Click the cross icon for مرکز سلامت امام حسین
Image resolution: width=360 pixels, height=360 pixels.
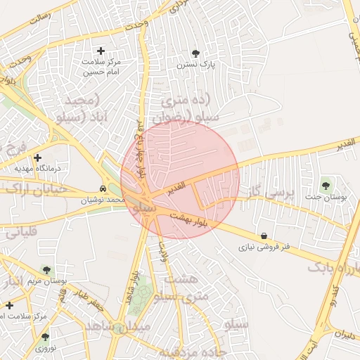[x=101, y=51]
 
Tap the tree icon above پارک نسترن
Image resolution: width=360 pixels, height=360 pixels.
[x=195, y=53]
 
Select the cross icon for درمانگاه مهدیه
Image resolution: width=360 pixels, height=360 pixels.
[x=37, y=157]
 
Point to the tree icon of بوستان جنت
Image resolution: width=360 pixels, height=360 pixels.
[x=325, y=186]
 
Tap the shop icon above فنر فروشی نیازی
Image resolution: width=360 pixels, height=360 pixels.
[x=264, y=236]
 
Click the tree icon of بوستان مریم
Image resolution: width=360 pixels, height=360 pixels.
[x=46, y=269]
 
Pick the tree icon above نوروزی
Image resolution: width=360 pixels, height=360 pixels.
[x=45, y=337]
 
